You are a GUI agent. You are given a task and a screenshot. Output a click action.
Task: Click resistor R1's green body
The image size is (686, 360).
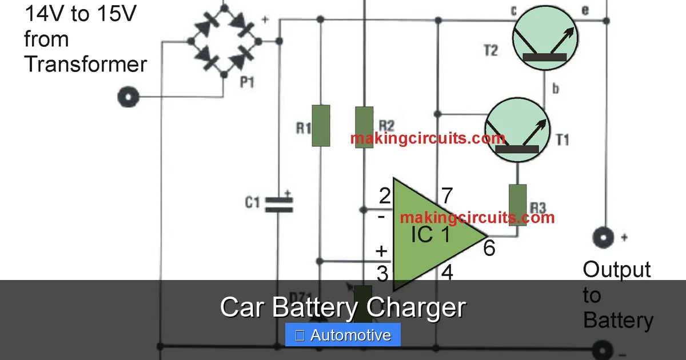pos(321,126)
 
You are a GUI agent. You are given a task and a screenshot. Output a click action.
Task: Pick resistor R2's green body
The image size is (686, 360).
pos(364,127)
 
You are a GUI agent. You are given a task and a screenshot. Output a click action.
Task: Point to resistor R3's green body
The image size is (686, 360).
pos(518,205)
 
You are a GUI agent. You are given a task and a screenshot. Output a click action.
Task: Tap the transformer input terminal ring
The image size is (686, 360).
pos(128,97)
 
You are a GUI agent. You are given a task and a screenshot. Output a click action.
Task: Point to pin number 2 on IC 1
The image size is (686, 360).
pos(385,197)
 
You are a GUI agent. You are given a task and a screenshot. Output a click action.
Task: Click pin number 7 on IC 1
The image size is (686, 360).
pos(448,197)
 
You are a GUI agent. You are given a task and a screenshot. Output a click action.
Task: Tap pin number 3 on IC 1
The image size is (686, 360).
pos(383,274)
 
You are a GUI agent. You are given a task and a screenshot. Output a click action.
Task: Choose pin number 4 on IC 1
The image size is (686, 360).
pos(447,273)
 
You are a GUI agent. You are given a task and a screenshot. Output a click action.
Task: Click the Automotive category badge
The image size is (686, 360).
pos(343,335)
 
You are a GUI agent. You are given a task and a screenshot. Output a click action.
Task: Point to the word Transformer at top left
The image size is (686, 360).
pos(86,64)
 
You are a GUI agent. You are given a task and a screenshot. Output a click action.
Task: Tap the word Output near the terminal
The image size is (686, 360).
pos(617,270)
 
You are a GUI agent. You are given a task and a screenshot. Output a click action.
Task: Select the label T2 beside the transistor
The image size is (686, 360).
pos(490,50)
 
